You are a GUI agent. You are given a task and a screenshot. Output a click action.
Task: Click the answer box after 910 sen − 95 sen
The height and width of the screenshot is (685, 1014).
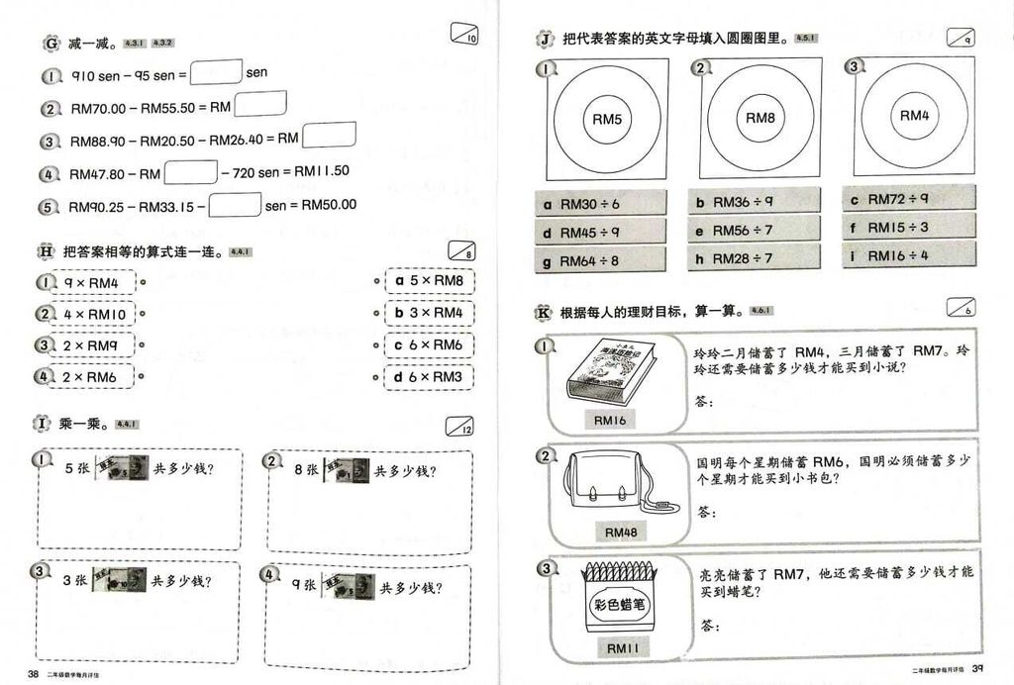[x=216, y=72]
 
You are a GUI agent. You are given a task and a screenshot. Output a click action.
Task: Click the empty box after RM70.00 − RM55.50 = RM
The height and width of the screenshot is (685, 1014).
[x=260, y=104]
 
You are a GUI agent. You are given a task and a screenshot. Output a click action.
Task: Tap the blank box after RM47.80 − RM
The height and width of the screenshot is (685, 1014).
[x=190, y=172]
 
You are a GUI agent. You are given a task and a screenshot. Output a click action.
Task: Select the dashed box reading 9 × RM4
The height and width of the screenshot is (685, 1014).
[x=87, y=282]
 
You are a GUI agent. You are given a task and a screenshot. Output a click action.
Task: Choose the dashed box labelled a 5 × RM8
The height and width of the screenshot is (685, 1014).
[x=429, y=281]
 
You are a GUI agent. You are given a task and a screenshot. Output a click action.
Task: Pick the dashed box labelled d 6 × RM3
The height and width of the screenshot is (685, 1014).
[x=429, y=376]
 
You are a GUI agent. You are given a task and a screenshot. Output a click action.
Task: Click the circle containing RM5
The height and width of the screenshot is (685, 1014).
[x=607, y=119]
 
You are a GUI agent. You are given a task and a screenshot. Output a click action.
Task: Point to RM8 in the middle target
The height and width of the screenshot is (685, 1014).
[x=760, y=118]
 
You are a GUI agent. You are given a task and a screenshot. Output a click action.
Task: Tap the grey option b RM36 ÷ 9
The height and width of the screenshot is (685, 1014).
[x=755, y=202]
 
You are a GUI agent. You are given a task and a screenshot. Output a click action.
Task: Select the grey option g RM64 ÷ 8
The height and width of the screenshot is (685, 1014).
[x=600, y=261]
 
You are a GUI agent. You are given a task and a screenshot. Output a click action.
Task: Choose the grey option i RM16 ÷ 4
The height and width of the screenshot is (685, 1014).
[x=908, y=255]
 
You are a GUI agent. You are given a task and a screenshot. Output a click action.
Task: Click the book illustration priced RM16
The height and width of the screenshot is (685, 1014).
[x=611, y=372]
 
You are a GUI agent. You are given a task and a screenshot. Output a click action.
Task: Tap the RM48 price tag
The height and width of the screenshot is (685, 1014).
[x=621, y=533]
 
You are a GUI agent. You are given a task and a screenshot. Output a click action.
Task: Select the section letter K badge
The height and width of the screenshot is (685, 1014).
[x=544, y=313]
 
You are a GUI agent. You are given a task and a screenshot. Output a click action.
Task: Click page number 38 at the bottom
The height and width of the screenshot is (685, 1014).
[x=33, y=674]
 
